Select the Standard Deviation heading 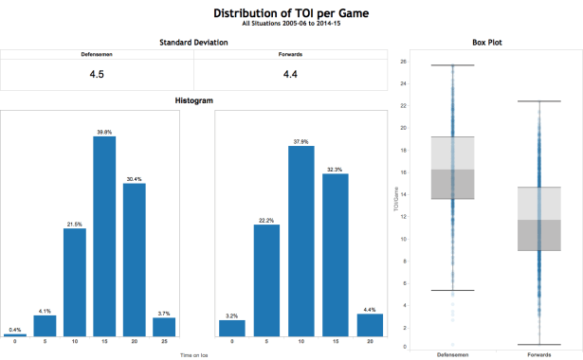pos(193,43)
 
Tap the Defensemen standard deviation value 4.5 pos(97,74)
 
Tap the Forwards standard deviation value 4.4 pos(291,74)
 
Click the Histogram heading pos(193,100)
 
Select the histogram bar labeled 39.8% pos(104,236)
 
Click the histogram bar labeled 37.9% pos(301,241)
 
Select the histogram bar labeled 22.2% pos(270,279)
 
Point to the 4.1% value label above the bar pos(44,310)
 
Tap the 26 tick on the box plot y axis pos(403,62)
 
